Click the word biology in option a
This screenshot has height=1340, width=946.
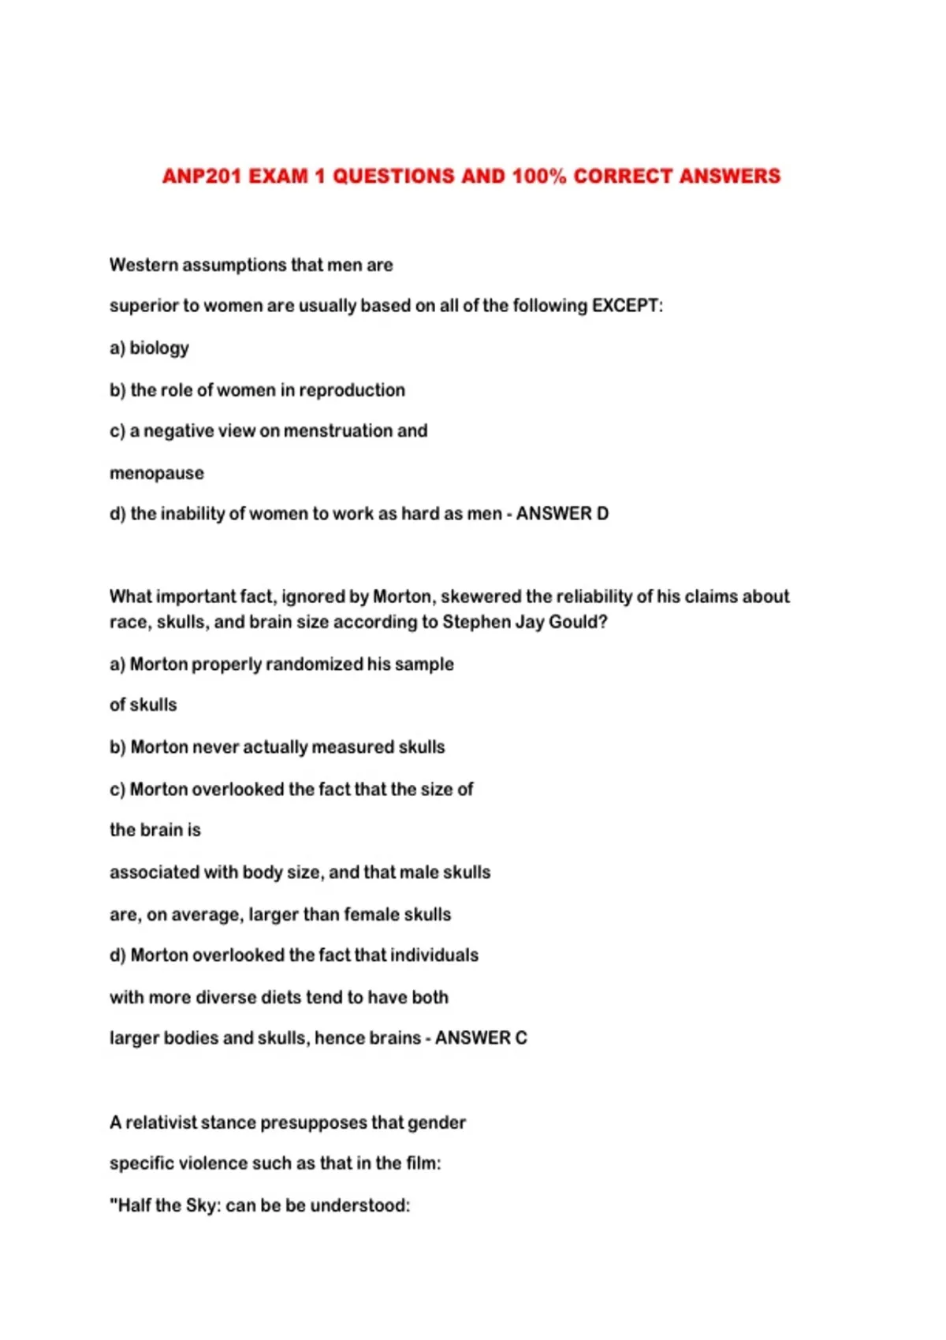point(159,348)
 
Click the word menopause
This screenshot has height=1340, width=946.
point(157,474)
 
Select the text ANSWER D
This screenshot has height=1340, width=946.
point(562,514)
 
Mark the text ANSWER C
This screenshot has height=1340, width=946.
point(481,1038)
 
